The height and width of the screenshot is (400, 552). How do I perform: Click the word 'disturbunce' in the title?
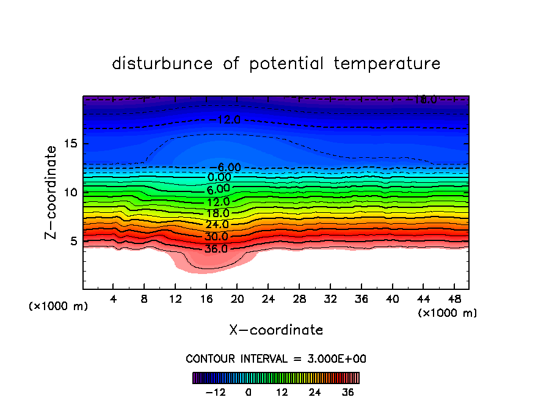pos(162,64)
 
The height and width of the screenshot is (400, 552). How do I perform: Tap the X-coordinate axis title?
pos(276,330)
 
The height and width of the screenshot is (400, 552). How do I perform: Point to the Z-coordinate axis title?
pos(53,192)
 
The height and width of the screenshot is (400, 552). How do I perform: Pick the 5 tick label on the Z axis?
pos(75,241)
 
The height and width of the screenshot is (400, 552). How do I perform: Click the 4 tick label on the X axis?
pos(114,299)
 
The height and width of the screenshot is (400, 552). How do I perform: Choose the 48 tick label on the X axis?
pos(454,299)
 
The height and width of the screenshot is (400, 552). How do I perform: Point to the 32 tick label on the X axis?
pos(330,299)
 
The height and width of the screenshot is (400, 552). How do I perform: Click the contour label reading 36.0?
pos(216,249)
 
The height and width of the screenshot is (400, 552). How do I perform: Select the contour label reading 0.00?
pos(219,177)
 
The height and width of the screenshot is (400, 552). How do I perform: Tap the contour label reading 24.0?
pos(217,225)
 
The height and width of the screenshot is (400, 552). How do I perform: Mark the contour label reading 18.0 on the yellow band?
pos(217,213)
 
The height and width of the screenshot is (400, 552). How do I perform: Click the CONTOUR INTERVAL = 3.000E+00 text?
pos(276,358)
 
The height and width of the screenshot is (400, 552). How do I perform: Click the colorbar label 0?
pos(249,392)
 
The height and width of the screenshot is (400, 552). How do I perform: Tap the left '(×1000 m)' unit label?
pos(59,306)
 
